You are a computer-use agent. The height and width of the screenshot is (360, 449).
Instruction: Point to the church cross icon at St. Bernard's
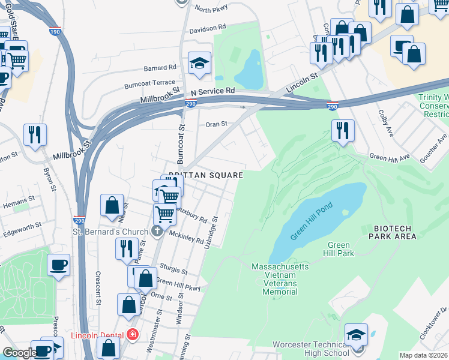point(157,232)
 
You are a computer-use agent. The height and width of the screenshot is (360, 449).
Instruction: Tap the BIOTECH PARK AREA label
point(394,233)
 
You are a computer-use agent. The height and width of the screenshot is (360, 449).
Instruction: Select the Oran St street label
point(217,124)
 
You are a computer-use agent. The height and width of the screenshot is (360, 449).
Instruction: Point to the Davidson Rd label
point(207,28)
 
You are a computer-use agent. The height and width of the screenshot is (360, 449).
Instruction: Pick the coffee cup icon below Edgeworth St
point(58,265)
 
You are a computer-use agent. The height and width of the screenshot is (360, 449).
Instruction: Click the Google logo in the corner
point(19,353)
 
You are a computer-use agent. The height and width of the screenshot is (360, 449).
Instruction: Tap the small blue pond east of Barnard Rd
point(249,70)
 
